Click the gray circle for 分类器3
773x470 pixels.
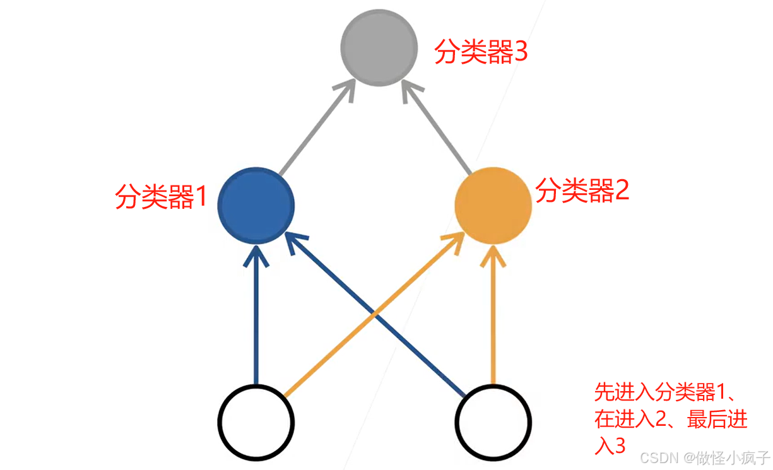tap(379, 47)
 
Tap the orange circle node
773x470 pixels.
tap(493, 204)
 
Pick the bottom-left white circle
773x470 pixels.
tap(256, 421)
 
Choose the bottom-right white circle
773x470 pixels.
tap(493, 421)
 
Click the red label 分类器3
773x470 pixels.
tap(481, 53)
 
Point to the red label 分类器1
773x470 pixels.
tap(161, 197)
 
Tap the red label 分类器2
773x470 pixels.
tap(582, 190)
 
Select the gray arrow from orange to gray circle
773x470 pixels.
tap(438, 130)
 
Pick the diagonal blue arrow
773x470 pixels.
tap(379, 315)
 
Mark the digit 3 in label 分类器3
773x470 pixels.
tap(521, 53)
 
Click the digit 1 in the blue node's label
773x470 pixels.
tap(201, 197)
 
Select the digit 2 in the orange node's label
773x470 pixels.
tap(622, 190)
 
